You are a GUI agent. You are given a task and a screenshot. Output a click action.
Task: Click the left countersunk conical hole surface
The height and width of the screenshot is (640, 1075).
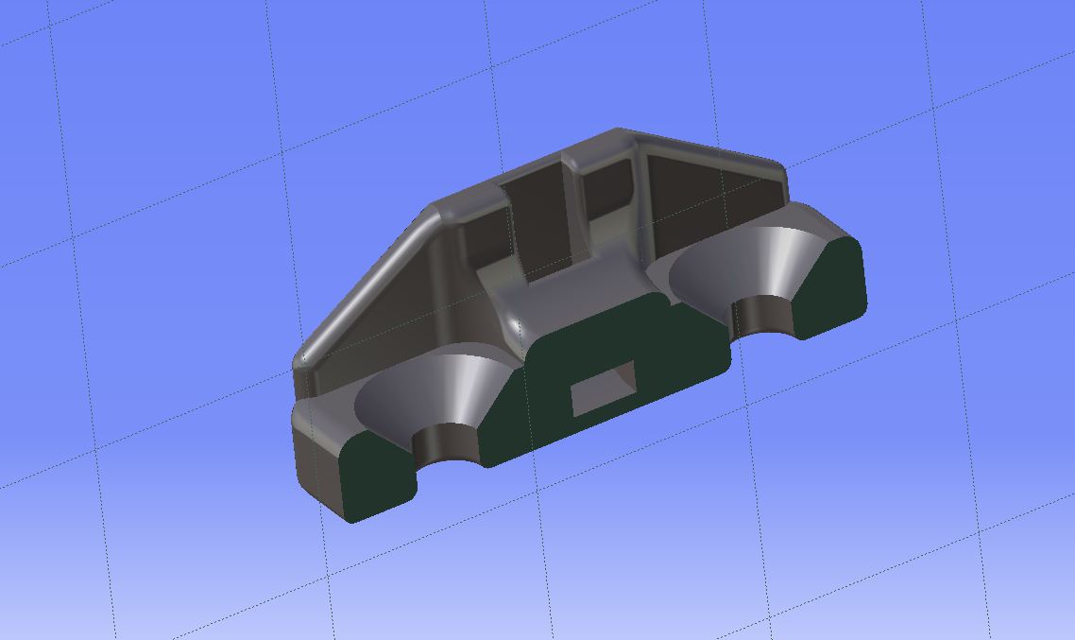tap(425, 392)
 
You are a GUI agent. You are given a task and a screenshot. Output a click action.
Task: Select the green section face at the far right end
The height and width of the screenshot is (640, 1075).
tap(831, 284)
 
